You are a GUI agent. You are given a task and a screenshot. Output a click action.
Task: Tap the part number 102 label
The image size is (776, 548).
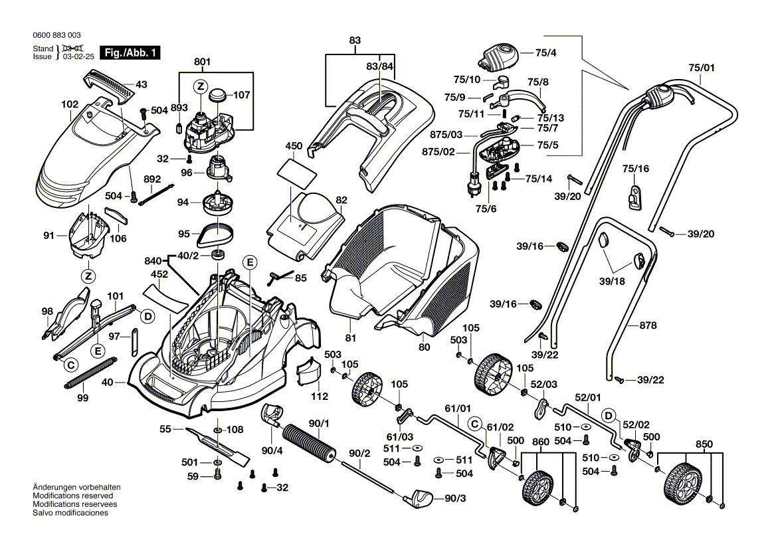click(70, 104)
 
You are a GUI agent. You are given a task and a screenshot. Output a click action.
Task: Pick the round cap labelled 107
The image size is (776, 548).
click(218, 96)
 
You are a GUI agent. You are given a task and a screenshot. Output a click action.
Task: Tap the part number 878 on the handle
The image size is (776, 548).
click(648, 325)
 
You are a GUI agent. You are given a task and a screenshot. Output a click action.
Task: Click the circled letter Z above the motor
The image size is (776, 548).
click(200, 86)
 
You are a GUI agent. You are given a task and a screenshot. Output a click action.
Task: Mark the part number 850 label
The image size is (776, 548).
click(704, 444)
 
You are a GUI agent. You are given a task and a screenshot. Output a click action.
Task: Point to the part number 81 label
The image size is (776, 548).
click(350, 338)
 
